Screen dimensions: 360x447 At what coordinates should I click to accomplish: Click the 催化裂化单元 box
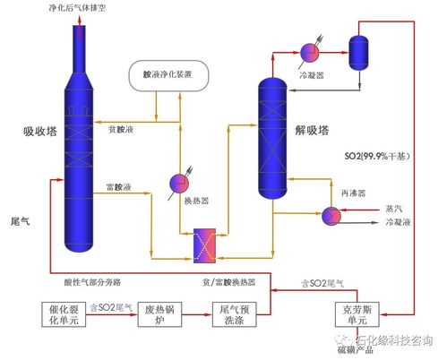click(63, 315)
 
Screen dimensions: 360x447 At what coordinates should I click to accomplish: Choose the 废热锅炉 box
click(161, 315)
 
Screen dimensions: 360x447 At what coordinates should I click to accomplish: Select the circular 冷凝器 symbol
click(310, 51)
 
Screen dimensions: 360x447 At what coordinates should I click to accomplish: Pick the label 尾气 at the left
click(20, 220)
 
